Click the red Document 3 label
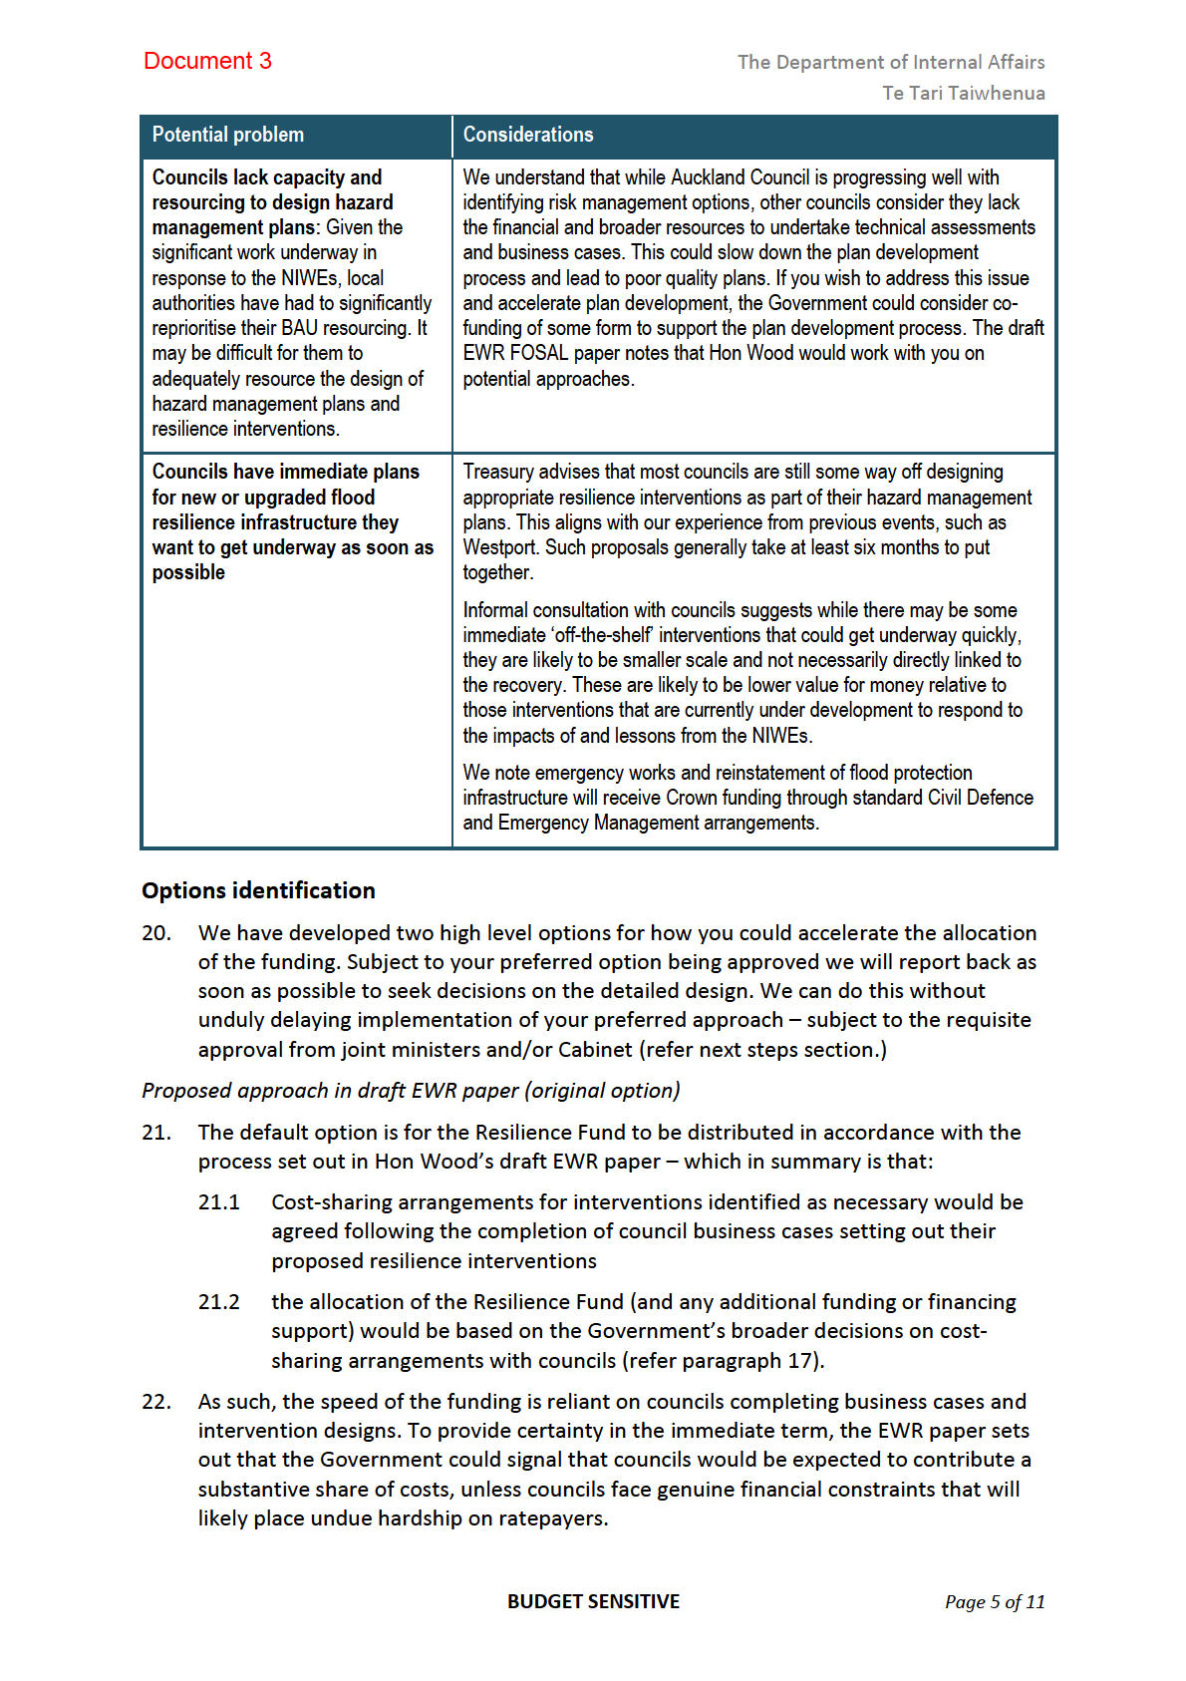pyautogui.click(x=207, y=61)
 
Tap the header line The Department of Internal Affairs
pyautogui.click(x=890, y=62)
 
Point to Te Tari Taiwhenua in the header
pyautogui.click(x=963, y=93)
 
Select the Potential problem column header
pyautogui.click(x=227, y=135)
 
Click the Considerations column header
pyautogui.click(x=527, y=135)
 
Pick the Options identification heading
pyautogui.click(x=258, y=890)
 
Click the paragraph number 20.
pyautogui.click(x=155, y=933)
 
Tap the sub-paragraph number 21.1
pyautogui.click(x=218, y=1202)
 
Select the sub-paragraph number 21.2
pyautogui.click(x=218, y=1302)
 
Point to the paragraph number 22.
pyautogui.click(x=155, y=1402)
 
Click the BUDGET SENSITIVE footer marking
pyautogui.click(x=593, y=1601)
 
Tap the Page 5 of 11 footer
pyautogui.click(x=994, y=1602)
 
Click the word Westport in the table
pyautogui.click(x=500, y=547)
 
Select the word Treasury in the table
pyautogui.click(x=498, y=472)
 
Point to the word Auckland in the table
pyautogui.click(x=706, y=177)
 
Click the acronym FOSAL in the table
pyautogui.click(x=539, y=353)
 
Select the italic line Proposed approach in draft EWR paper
pyautogui.click(x=411, y=1091)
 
